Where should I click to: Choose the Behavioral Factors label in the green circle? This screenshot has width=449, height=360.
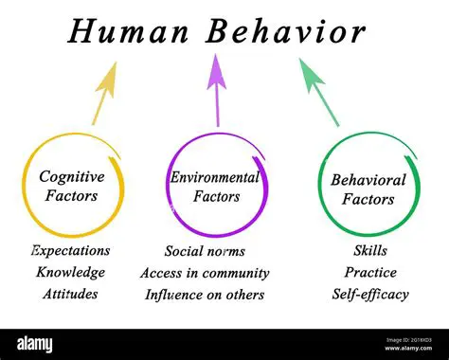(368, 189)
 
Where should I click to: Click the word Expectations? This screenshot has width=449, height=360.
(70, 251)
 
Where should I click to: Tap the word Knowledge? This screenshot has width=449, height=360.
(70, 272)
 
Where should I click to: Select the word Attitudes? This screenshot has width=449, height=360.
(70, 293)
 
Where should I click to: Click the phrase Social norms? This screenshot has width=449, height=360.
(205, 251)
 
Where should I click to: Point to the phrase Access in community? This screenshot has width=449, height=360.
(205, 273)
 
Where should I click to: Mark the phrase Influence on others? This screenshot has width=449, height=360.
(205, 294)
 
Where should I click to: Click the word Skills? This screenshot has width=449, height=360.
(369, 251)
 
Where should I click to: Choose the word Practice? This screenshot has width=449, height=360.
(369, 272)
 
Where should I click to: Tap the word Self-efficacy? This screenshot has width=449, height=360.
(369, 294)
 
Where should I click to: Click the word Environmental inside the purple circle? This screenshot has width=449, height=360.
(214, 177)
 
